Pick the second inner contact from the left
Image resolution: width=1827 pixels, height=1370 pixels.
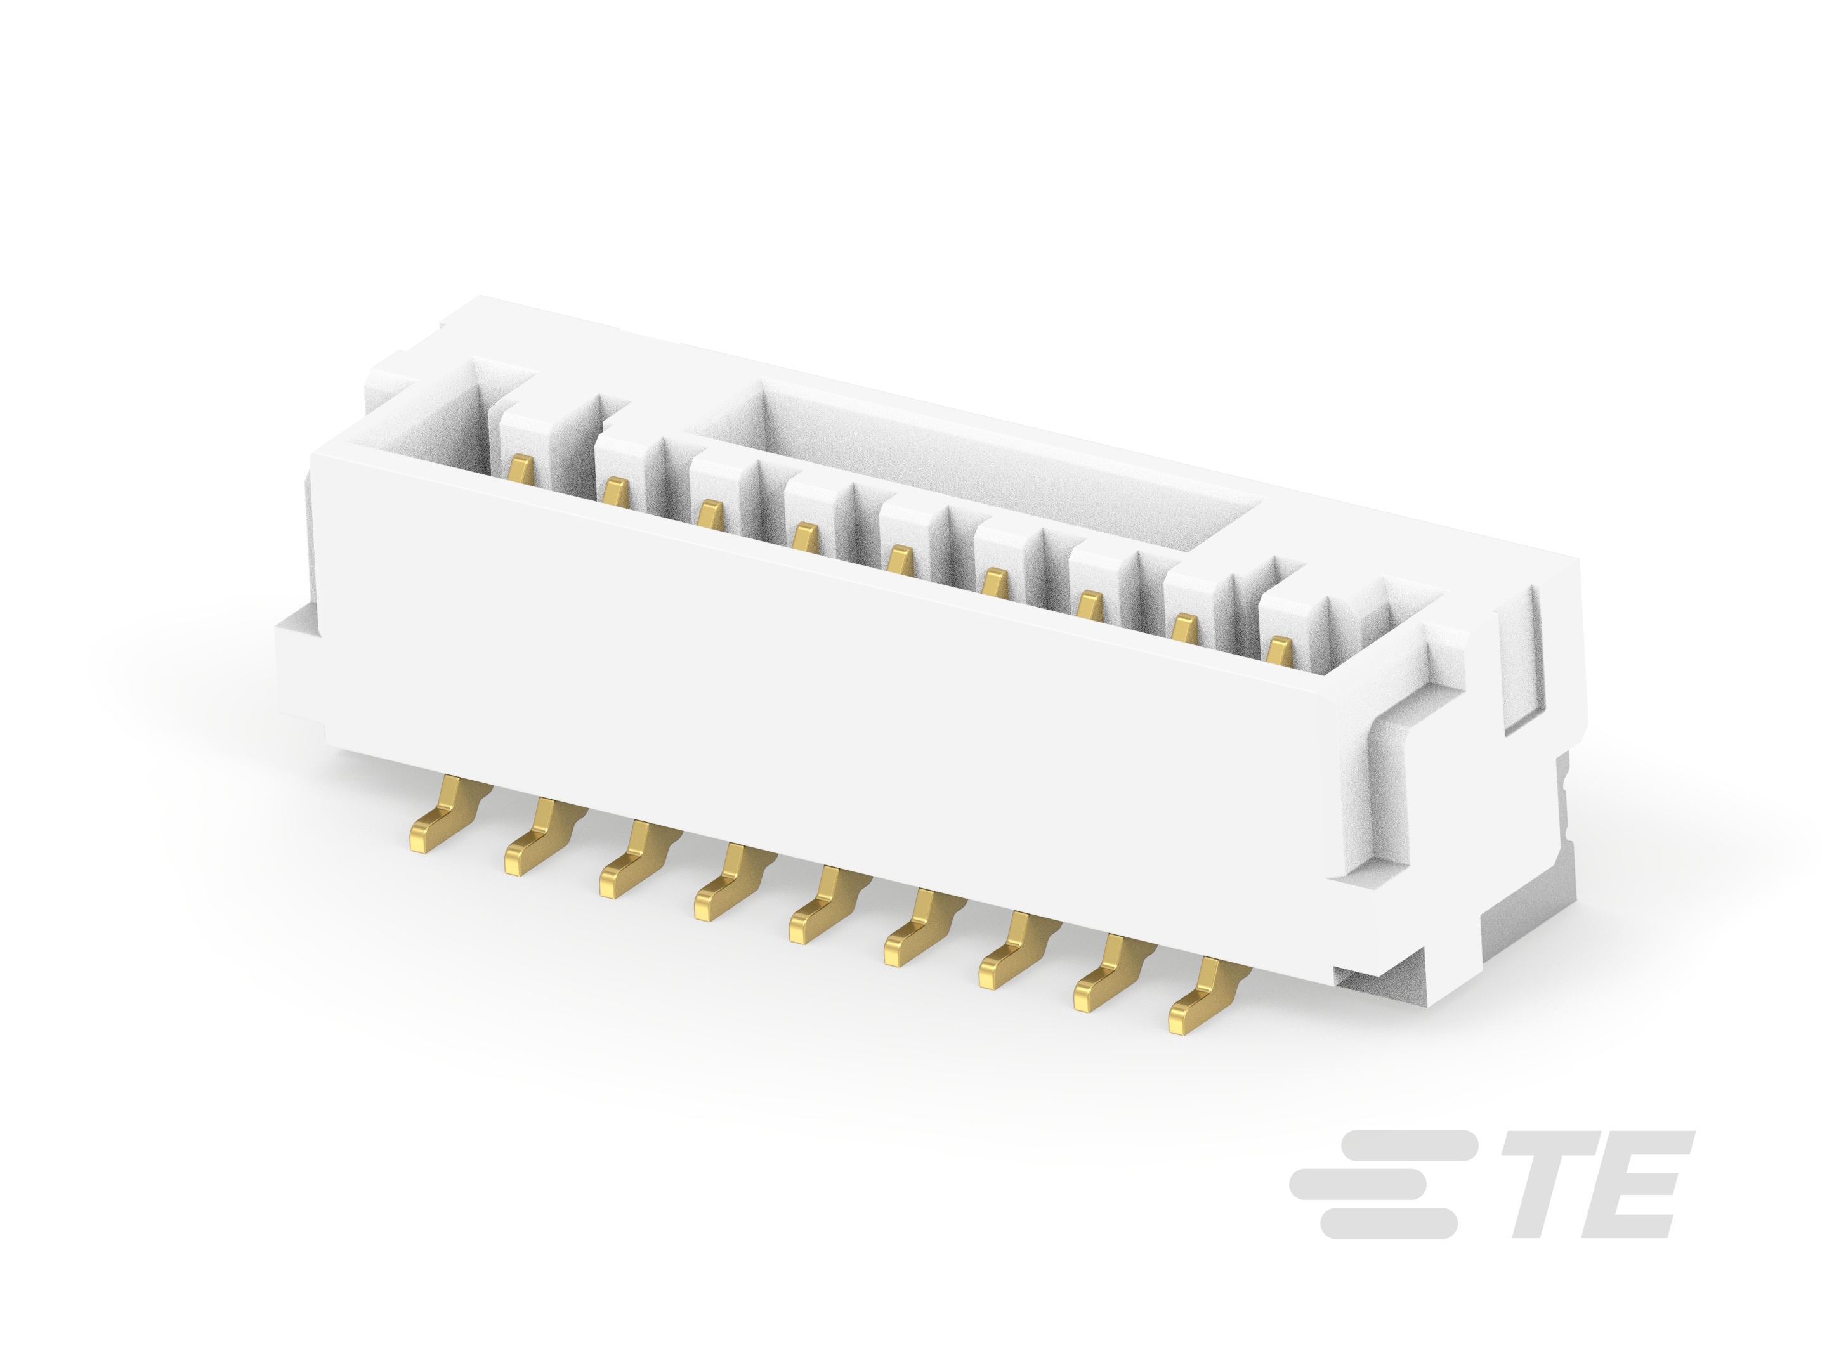point(613,493)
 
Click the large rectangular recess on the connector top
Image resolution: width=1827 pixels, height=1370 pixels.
point(974,462)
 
